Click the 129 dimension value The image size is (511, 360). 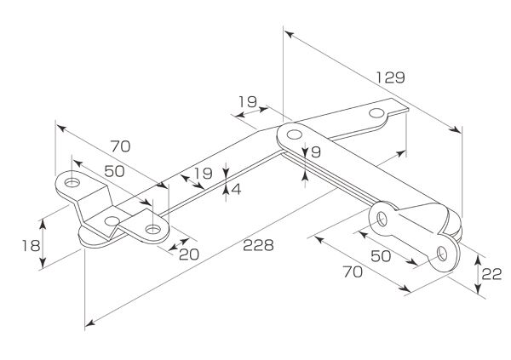click(390, 77)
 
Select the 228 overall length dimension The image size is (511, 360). click(258, 245)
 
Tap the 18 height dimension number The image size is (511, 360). click(30, 245)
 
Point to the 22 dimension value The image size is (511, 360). click(490, 273)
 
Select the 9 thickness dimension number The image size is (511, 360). click(315, 152)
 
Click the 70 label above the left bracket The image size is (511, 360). click(120, 145)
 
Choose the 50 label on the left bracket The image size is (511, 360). click(114, 170)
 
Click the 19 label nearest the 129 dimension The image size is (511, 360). click(247, 102)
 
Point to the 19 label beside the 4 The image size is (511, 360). click(202, 174)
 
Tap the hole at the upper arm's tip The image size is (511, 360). click(376, 113)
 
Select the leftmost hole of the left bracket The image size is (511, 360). click(72, 182)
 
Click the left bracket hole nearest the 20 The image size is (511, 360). click(152, 230)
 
